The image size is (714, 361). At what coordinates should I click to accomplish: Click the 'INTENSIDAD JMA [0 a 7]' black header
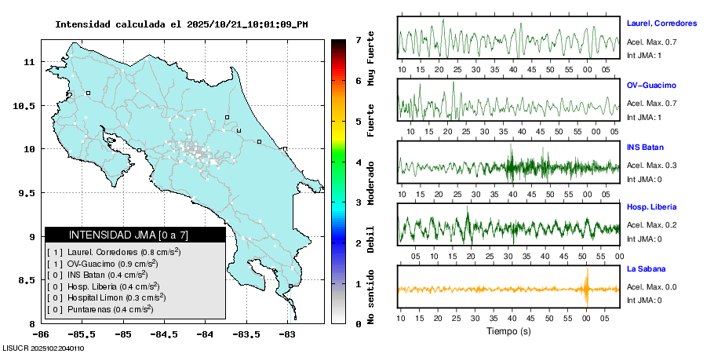click(135, 235)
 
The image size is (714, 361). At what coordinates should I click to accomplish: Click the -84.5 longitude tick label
click(163, 334)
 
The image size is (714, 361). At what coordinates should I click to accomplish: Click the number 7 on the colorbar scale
click(357, 39)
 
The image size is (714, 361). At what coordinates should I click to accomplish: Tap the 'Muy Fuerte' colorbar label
click(371, 59)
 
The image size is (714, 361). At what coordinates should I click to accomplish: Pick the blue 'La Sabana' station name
click(646, 268)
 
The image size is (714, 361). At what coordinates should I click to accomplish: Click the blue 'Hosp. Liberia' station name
click(651, 207)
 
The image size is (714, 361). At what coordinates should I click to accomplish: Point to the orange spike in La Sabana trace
click(587, 287)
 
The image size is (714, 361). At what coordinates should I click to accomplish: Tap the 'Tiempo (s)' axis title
click(509, 331)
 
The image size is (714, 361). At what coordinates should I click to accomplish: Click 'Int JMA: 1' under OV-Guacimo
click(644, 117)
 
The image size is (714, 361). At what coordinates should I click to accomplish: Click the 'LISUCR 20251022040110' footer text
click(44, 348)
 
